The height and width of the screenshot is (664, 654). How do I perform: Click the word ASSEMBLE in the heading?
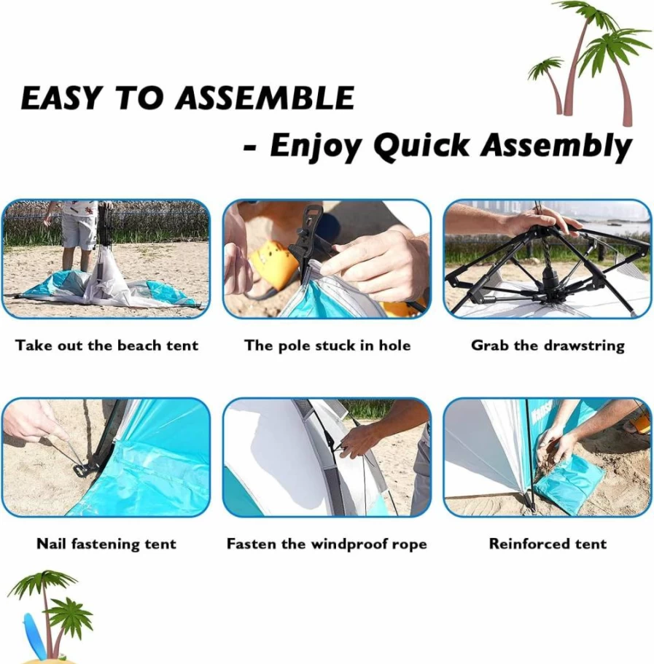[x=265, y=98]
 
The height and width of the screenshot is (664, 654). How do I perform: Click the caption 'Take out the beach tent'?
[x=106, y=345]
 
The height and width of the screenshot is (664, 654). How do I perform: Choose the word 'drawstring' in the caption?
[x=584, y=346]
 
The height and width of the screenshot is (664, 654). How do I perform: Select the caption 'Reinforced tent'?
[x=548, y=543]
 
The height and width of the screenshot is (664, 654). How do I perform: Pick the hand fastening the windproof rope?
[x=358, y=440]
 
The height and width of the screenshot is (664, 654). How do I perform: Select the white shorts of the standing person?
[x=79, y=231]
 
